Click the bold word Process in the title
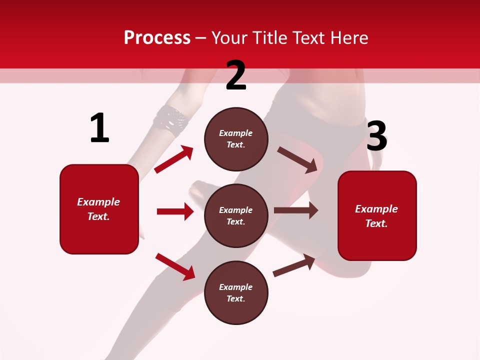pyautogui.click(x=157, y=38)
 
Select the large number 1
pyautogui.click(x=99, y=128)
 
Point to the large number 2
pyautogui.click(x=236, y=75)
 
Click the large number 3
pyautogui.click(x=376, y=136)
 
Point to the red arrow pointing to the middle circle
pyautogui.click(x=175, y=211)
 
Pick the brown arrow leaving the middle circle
pyautogui.click(x=296, y=210)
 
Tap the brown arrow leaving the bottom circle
pyautogui.click(x=294, y=265)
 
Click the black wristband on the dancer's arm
pyautogui.click(x=170, y=121)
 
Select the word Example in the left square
pyautogui.click(x=98, y=202)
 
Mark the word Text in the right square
pyautogui.click(x=376, y=223)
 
